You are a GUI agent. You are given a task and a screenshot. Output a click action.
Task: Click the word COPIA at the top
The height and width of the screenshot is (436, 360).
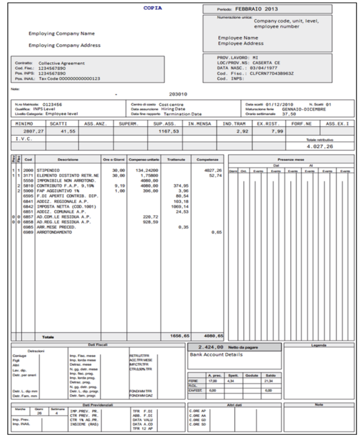[152, 7]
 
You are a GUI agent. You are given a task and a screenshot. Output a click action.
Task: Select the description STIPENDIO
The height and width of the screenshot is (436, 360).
[48, 170]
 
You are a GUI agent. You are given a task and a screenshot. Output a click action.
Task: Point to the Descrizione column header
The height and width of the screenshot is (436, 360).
[68, 159]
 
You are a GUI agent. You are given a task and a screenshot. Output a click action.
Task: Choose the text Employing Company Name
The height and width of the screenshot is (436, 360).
[62, 33]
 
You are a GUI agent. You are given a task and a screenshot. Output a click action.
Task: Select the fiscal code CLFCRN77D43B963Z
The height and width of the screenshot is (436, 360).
[272, 73]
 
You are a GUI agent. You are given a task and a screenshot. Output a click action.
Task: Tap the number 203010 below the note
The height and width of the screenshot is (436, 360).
[178, 94]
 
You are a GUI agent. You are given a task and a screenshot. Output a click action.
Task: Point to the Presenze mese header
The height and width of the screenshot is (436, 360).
[291, 159]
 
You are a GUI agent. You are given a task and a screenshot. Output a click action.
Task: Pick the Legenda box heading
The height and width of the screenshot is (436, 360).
[318, 346]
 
